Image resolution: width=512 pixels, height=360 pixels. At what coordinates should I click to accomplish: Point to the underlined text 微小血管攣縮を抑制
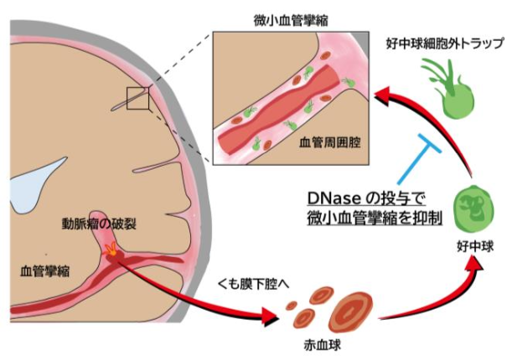tap(370, 219)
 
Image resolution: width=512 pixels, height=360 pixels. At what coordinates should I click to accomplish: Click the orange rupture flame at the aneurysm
tap(111, 249)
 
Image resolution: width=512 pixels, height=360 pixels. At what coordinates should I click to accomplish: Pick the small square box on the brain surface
tap(137, 99)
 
